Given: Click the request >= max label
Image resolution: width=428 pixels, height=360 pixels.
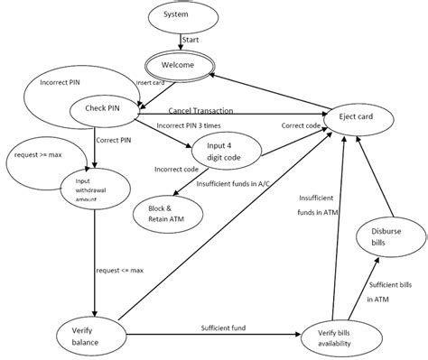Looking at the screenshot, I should click(x=39, y=154).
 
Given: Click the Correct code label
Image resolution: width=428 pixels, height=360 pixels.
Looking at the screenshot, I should click(x=299, y=125).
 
